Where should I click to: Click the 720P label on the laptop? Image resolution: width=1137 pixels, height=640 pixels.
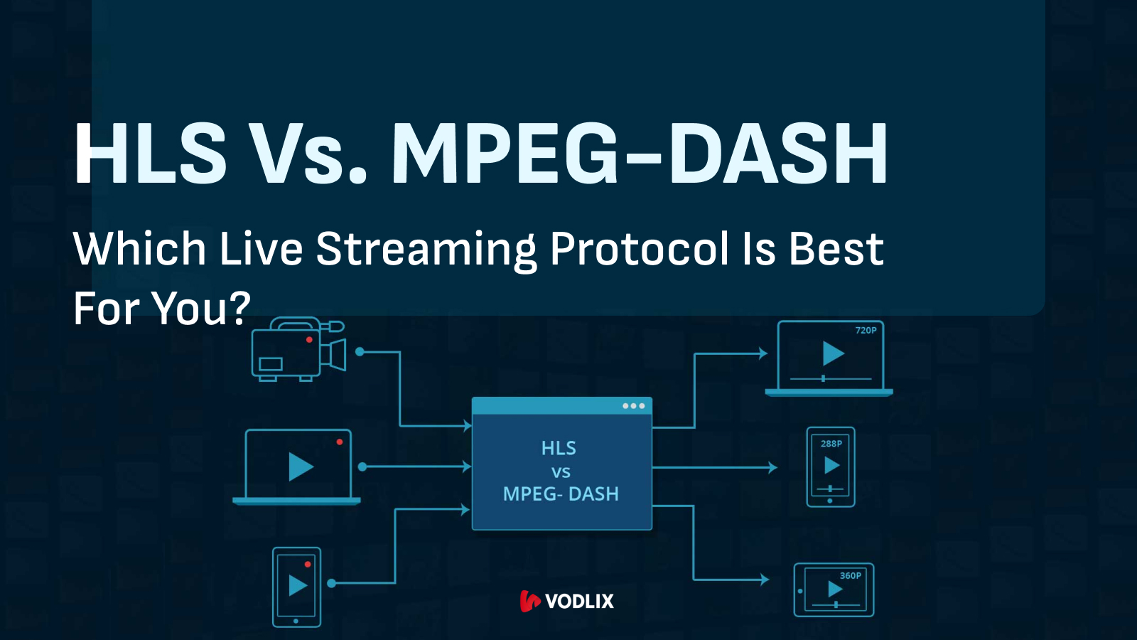coord(866,330)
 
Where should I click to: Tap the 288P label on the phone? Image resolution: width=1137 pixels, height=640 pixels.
coord(831,444)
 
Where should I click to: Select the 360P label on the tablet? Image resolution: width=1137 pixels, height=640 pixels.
coord(851,575)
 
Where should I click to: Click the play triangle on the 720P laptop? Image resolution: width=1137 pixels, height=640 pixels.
coord(832,353)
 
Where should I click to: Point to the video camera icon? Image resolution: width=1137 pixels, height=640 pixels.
coord(298,349)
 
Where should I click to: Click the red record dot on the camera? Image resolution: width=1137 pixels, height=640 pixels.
coord(309,340)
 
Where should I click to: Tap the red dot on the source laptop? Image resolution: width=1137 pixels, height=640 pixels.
coord(340,442)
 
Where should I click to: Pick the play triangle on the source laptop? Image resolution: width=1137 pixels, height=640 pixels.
coord(301,466)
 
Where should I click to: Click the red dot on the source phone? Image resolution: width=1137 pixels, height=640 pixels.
coord(308,565)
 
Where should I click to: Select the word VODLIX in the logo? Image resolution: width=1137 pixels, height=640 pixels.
coord(580,602)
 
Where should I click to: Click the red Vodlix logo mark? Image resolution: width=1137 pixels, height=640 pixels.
coord(530,602)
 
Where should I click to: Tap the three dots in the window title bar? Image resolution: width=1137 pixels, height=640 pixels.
coord(633,406)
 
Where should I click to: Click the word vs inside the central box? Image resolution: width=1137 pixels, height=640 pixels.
coord(561,472)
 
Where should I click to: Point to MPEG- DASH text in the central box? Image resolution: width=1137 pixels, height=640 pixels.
coord(561,494)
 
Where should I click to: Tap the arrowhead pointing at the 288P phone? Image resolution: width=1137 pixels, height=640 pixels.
coord(773,467)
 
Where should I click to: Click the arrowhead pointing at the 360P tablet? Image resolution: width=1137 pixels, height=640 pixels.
coord(765,580)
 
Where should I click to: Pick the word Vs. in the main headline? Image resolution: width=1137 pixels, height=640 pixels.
coord(310,153)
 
